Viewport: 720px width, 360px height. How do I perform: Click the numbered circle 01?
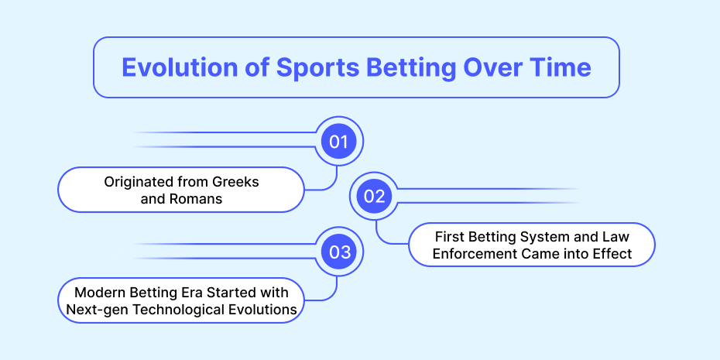(x=339, y=142)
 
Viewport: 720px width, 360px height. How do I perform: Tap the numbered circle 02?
(x=374, y=197)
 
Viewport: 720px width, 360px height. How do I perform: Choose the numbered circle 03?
(x=339, y=252)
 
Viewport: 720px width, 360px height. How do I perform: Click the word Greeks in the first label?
(x=235, y=182)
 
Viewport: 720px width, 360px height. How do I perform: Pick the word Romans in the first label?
(x=201, y=199)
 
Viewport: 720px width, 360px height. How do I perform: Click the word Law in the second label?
(x=617, y=237)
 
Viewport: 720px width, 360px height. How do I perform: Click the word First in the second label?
(x=448, y=237)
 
